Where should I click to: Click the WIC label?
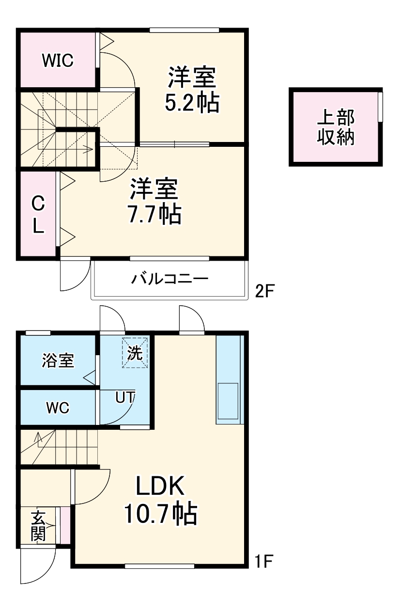tap(57, 61)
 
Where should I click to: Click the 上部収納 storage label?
tap(336, 127)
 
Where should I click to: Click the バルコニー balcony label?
tap(170, 279)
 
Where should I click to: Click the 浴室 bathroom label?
tap(58, 361)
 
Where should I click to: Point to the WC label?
tap(58, 408)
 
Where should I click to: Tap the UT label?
tap(125, 397)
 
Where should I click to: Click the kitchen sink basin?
tap(227, 400)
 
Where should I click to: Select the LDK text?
tap(160, 486)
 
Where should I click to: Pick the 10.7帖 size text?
tap(160, 514)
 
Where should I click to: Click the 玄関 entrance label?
tap(38, 527)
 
